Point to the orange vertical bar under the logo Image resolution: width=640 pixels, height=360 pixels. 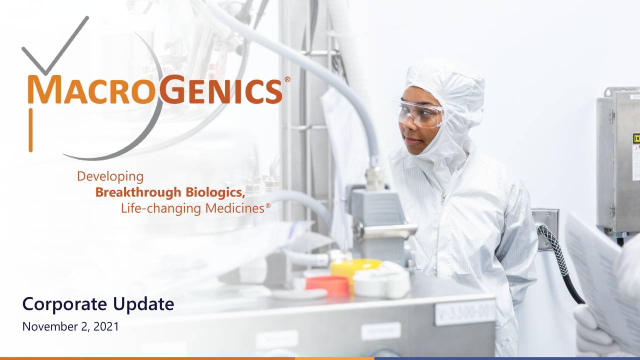30,130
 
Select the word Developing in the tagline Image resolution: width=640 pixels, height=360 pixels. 110,176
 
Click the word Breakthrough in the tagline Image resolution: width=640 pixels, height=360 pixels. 138,192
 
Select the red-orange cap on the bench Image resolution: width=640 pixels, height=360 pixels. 327,285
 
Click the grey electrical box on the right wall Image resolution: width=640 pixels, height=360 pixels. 618,160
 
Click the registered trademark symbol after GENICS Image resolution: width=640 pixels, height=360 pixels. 287,79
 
